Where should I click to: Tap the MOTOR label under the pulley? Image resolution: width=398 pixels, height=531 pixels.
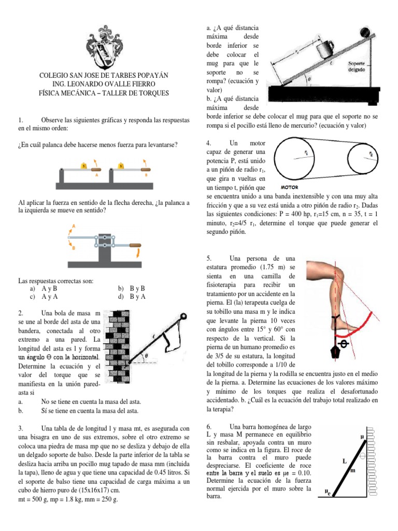coord(289,187)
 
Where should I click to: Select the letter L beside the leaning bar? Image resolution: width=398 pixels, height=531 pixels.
coord(344,460)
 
